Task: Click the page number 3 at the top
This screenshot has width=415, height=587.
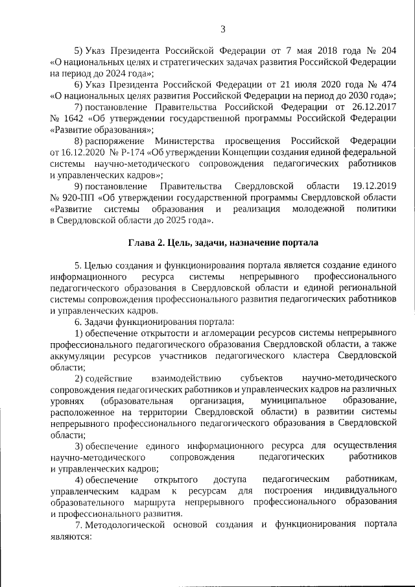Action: click(222, 29)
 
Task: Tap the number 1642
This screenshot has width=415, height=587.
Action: click(76, 118)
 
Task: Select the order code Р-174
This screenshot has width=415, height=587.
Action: click(130, 152)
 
